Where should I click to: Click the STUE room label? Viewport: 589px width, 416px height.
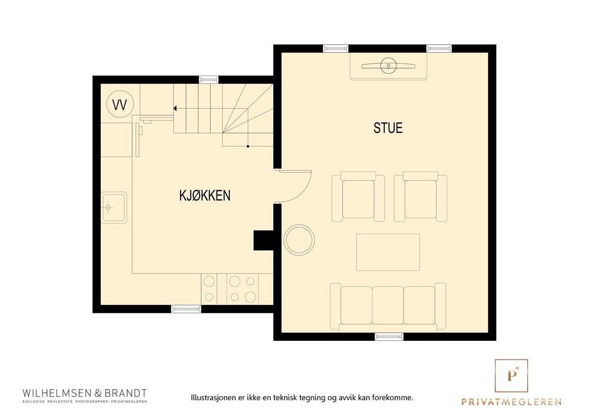(388, 128)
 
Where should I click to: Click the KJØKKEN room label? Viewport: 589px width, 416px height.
(205, 196)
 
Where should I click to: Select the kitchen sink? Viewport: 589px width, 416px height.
(113, 208)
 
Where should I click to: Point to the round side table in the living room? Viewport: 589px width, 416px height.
(299, 240)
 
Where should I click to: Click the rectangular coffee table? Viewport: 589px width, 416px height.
(388, 252)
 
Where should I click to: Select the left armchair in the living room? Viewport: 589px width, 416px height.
(358, 197)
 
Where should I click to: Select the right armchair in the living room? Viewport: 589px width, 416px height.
(421, 197)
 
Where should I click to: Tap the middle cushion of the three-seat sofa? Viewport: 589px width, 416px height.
(388, 305)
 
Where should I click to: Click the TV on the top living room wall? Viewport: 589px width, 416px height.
(388, 66)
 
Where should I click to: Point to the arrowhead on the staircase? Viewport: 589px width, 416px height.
(175, 108)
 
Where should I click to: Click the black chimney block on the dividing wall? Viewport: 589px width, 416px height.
(263, 240)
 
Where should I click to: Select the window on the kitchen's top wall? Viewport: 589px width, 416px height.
(209, 79)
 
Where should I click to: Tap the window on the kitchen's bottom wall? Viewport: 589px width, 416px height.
(186, 309)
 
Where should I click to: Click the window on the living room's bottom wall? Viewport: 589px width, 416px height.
(389, 337)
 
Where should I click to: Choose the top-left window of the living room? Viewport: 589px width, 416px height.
(336, 49)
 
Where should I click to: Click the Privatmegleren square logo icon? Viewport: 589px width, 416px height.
(511, 375)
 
